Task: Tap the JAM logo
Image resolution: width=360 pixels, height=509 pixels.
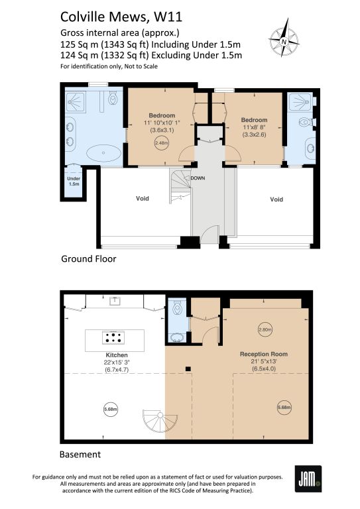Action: [x=308, y=479]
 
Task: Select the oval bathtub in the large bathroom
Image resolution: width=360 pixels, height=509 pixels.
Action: [x=103, y=153]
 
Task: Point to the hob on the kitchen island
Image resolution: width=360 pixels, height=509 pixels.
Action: [x=113, y=337]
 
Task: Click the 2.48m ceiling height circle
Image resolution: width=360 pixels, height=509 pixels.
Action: [x=161, y=143]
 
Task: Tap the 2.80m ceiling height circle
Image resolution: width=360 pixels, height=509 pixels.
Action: [x=265, y=330]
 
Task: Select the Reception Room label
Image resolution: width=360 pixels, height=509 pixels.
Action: [x=264, y=354]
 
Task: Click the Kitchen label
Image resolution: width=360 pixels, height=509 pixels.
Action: [x=117, y=355]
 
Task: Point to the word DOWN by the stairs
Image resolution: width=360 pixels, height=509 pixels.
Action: [x=198, y=178]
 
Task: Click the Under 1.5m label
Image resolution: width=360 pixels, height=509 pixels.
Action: [x=74, y=181]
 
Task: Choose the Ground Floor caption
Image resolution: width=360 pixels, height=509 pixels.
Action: [x=89, y=258]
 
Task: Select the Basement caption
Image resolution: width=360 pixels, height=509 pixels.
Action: [x=80, y=454]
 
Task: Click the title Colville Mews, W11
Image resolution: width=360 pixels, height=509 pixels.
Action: [x=121, y=17]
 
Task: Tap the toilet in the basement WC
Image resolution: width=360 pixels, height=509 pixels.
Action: [x=177, y=308]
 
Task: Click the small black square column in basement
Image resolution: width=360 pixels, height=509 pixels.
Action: [x=188, y=368]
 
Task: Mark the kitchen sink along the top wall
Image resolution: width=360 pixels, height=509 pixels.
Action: [x=115, y=301]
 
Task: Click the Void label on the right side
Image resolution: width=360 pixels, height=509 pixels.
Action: [x=276, y=199]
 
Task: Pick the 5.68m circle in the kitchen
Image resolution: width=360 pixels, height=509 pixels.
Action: [x=110, y=409]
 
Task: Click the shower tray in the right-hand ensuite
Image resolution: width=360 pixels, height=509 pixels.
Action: [x=300, y=101]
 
